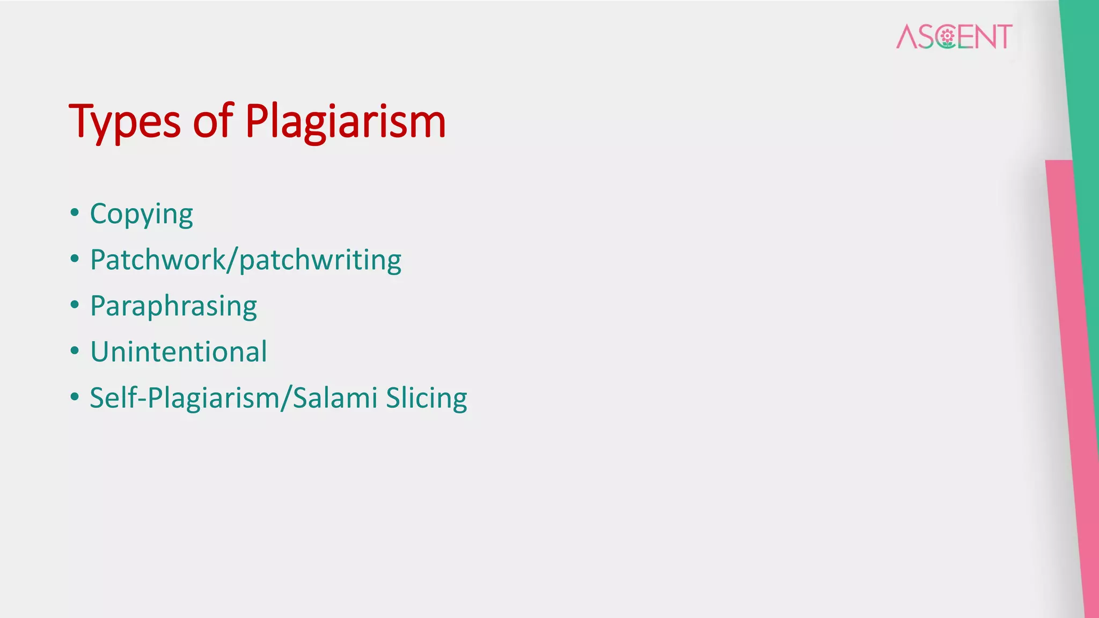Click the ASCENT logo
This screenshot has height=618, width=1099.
[x=954, y=36]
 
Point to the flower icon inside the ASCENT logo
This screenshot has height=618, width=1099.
[x=947, y=36]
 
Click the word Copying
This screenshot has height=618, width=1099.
[x=141, y=215]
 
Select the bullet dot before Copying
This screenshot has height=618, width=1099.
[x=75, y=213]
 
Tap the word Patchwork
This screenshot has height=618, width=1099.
[x=158, y=260]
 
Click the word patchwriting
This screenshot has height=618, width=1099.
[x=320, y=260]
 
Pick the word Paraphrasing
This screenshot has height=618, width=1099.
[x=173, y=306]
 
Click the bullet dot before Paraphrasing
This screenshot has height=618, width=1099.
[x=75, y=305]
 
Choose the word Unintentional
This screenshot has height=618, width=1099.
[x=178, y=352]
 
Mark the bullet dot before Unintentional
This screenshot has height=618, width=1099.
[x=75, y=351]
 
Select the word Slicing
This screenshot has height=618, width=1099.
[x=426, y=398]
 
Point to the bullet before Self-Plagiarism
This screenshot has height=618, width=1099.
[x=75, y=397]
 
